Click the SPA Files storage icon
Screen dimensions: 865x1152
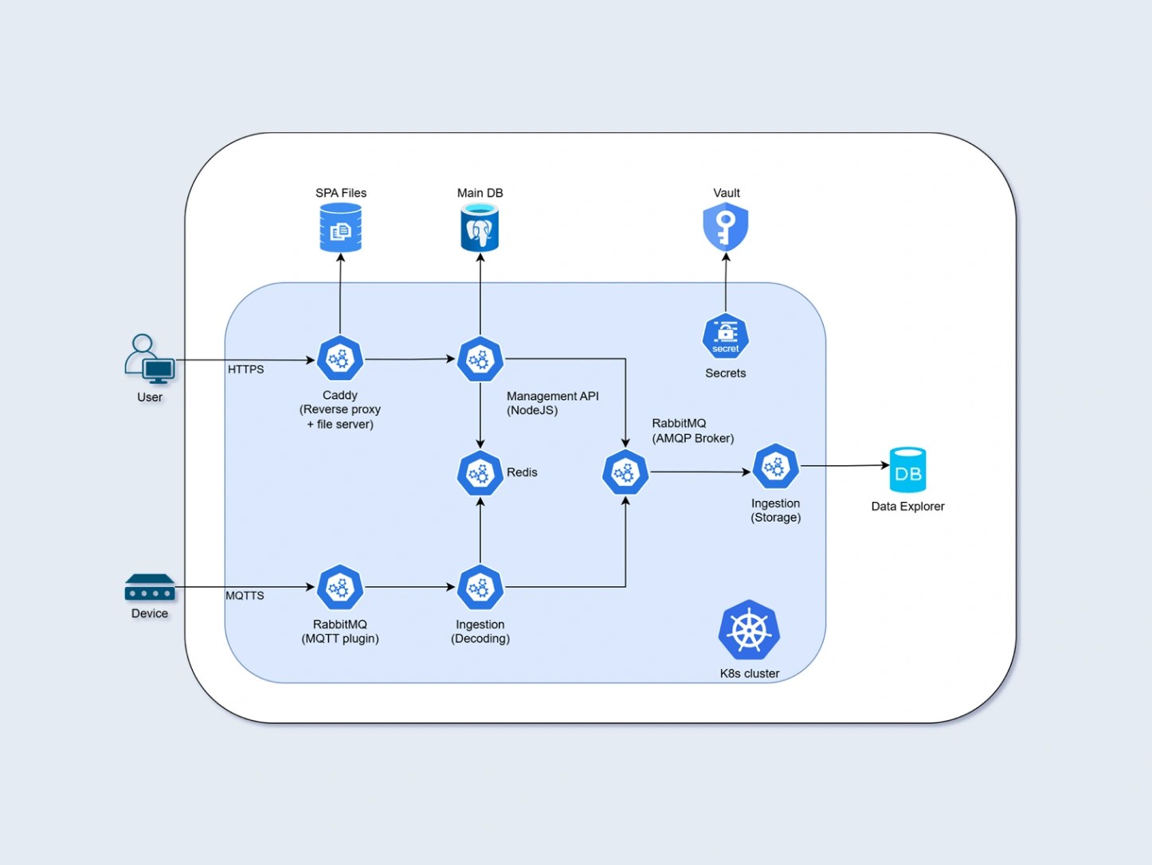340,228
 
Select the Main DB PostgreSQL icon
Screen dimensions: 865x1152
480,228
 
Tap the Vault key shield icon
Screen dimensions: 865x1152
725,227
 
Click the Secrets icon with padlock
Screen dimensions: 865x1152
725,337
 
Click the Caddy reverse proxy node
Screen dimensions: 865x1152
340,359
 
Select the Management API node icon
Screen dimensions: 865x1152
480,359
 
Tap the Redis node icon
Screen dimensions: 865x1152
480,473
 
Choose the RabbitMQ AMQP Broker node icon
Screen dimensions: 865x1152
625,473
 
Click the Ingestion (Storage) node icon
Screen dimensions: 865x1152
775,467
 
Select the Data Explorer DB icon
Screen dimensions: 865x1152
907,470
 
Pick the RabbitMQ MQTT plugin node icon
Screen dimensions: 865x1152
340,588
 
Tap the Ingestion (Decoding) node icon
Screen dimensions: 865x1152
480,588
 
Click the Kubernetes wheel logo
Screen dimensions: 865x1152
749,630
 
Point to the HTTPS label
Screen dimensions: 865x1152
245,370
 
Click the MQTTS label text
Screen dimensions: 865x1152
245,596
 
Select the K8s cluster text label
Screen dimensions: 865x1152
749,674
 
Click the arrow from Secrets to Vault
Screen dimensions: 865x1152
725,283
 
